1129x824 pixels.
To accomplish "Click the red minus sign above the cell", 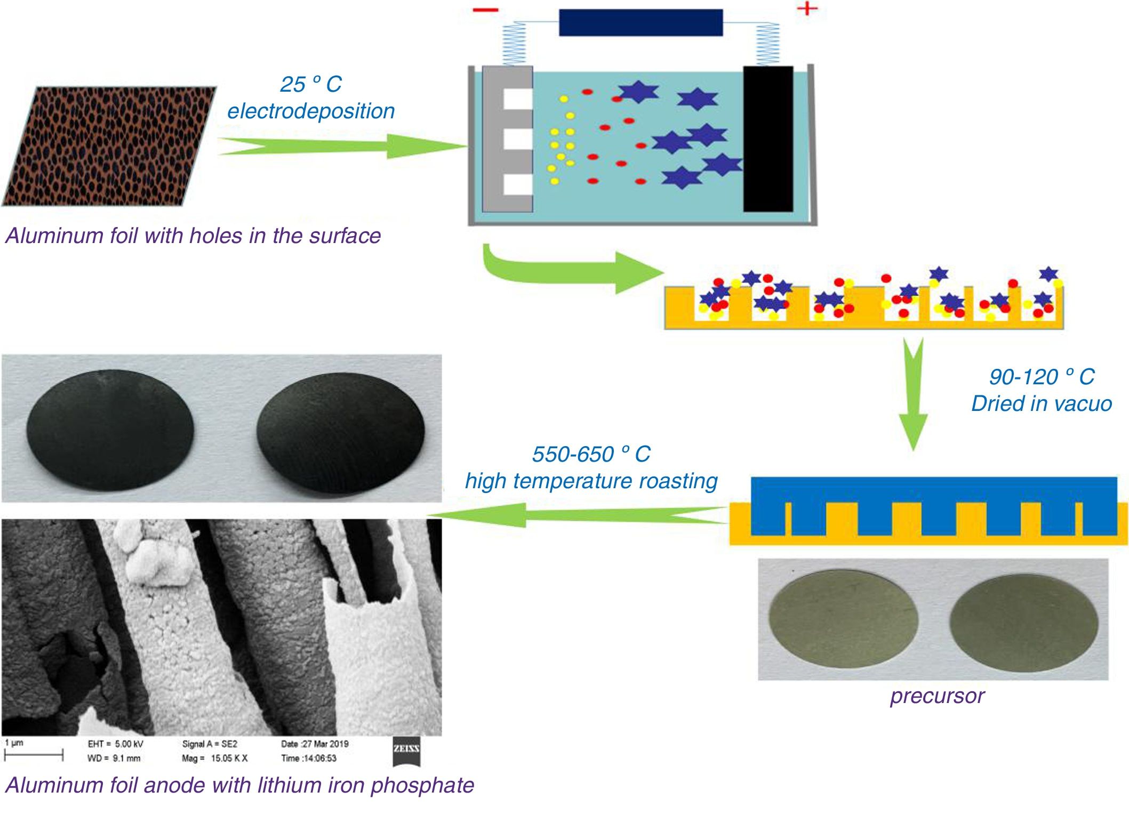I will pyautogui.click(x=485, y=10).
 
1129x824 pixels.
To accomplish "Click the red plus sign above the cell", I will pyautogui.click(x=807, y=9).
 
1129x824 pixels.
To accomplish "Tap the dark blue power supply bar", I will pyautogui.click(x=640, y=23).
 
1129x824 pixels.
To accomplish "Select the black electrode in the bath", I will pyautogui.click(x=768, y=139).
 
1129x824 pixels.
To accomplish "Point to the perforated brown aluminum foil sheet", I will pyautogui.click(x=109, y=147).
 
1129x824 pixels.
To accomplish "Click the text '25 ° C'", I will pyautogui.click(x=311, y=84).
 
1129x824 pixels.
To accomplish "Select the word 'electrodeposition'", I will pyautogui.click(x=311, y=111).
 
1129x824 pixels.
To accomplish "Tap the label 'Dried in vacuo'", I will pyautogui.click(x=1041, y=403).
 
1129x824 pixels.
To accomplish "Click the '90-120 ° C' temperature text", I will pyautogui.click(x=1041, y=377).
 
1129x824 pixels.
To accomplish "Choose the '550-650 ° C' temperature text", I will pyautogui.click(x=591, y=454).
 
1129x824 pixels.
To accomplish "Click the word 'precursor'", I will pyautogui.click(x=937, y=696).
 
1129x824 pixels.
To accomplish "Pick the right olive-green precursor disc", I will pyautogui.click(x=1024, y=623).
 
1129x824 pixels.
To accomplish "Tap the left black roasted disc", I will pyautogui.click(x=110, y=430).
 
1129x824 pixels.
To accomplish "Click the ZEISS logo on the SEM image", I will pyautogui.click(x=406, y=749).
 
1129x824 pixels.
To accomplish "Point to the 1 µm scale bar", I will pyautogui.click(x=34, y=754).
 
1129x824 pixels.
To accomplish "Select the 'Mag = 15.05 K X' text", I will pyautogui.click(x=214, y=758).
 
